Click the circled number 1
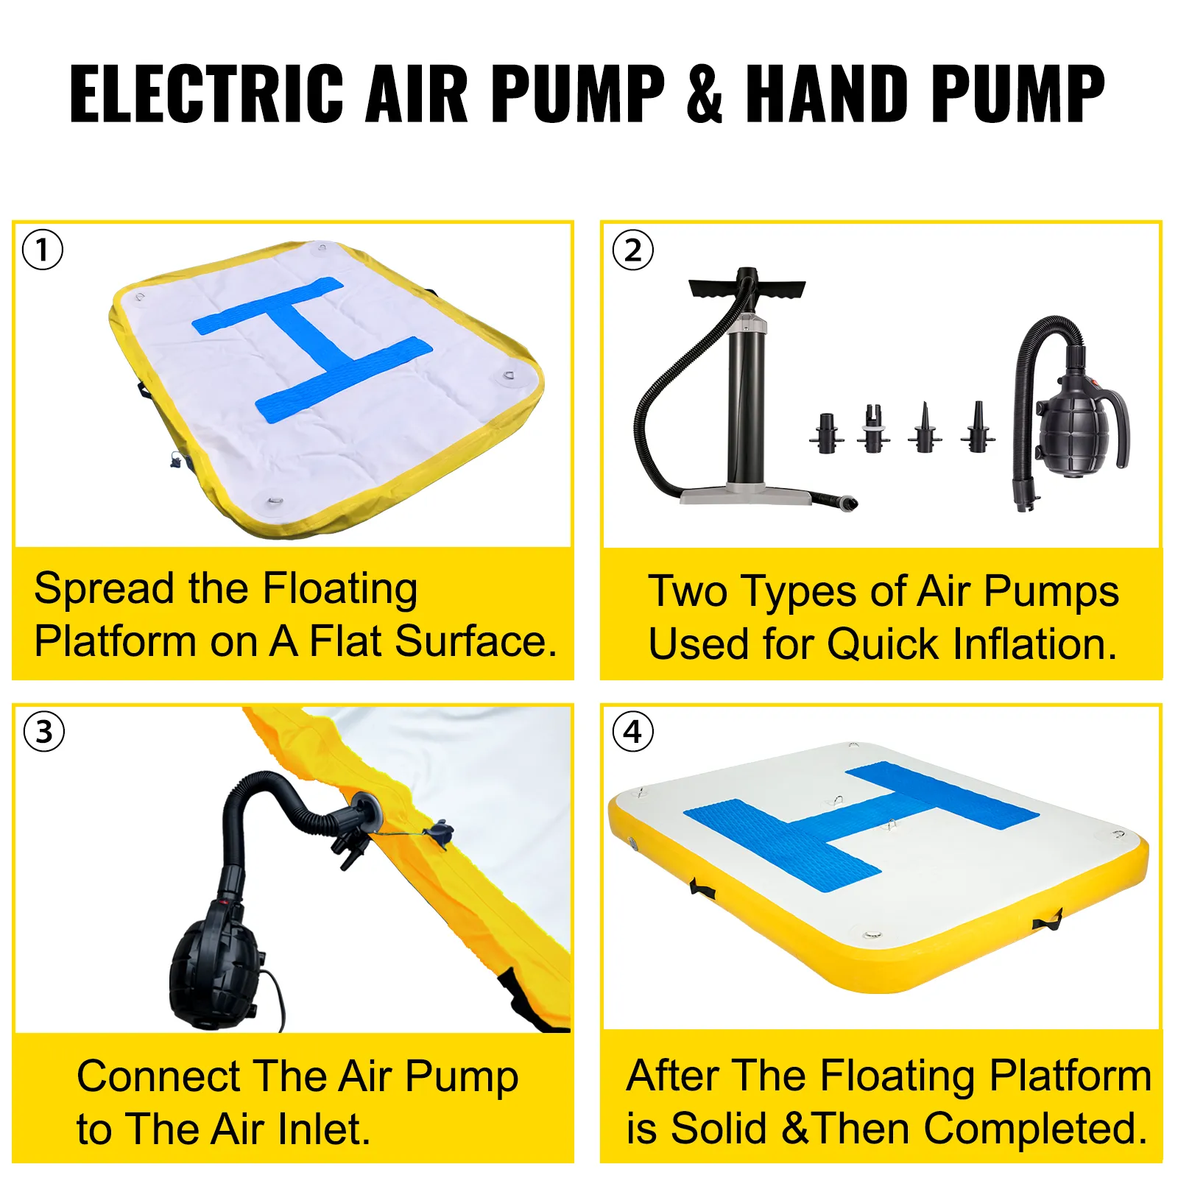[x=43, y=250]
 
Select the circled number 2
[x=632, y=250]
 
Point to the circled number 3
[x=44, y=732]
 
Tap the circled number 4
[x=632, y=732]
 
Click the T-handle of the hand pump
[x=747, y=286]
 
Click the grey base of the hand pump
[x=745, y=494]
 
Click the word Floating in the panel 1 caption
[x=340, y=590]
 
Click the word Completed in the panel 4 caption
[x=1036, y=1129]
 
